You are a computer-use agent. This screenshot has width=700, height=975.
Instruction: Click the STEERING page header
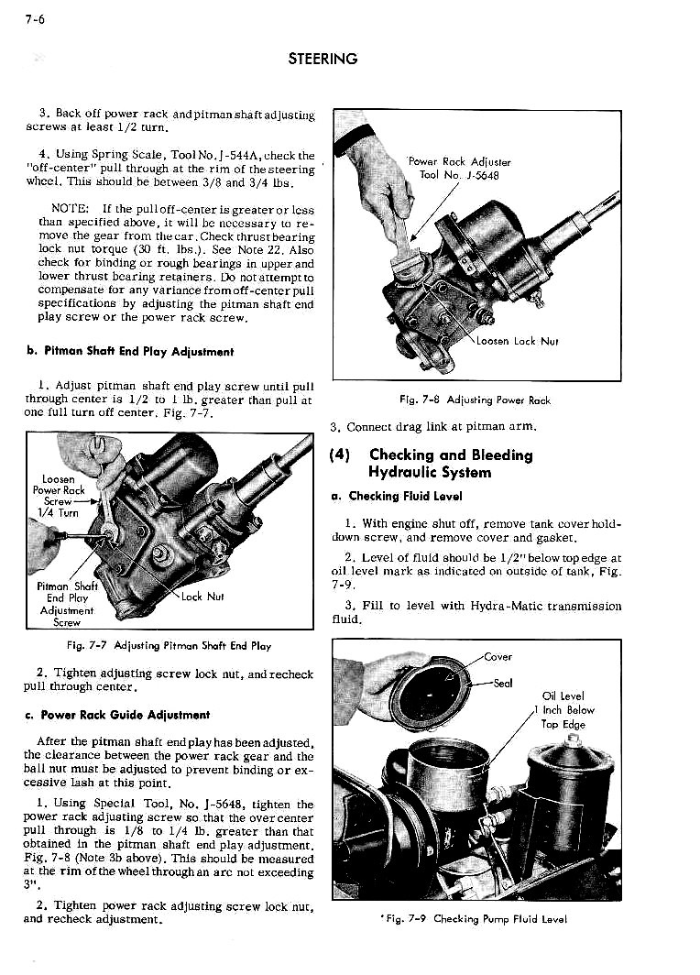click(322, 59)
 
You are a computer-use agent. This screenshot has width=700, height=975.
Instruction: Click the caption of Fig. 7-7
click(169, 645)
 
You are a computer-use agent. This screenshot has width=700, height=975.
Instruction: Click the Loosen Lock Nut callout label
click(518, 341)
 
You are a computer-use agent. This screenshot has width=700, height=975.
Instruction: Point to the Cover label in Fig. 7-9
click(498, 656)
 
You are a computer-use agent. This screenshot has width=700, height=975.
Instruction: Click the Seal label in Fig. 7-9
click(502, 683)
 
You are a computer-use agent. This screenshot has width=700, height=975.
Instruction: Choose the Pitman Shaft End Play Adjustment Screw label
click(66, 604)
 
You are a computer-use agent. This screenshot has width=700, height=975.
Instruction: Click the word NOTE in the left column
click(70, 208)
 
